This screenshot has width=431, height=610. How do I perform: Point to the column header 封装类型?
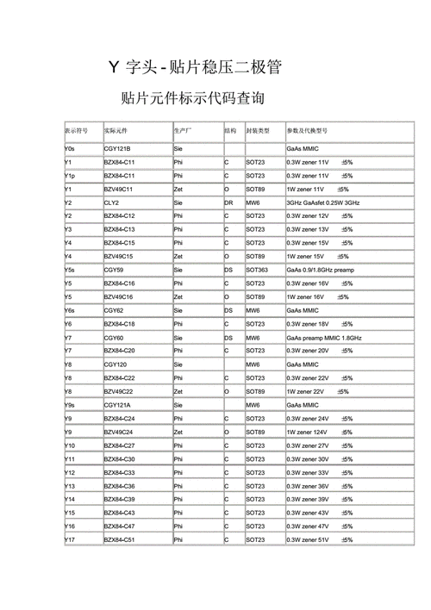point(258,131)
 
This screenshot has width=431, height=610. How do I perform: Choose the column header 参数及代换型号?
point(307,131)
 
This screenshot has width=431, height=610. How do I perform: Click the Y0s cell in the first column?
point(71,149)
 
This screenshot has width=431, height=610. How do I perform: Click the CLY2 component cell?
point(112,202)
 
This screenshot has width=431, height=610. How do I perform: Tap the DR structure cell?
point(228,202)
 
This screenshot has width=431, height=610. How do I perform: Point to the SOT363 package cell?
point(258,270)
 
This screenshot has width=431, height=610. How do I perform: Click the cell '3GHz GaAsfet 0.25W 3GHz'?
point(323,202)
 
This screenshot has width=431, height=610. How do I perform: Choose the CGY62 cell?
point(114,310)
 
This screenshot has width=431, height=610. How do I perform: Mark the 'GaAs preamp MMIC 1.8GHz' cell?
point(324,338)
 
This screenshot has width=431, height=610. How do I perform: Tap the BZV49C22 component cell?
point(119,391)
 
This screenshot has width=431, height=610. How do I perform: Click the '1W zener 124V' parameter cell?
point(311,432)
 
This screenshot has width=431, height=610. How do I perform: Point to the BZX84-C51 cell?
point(120,539)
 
